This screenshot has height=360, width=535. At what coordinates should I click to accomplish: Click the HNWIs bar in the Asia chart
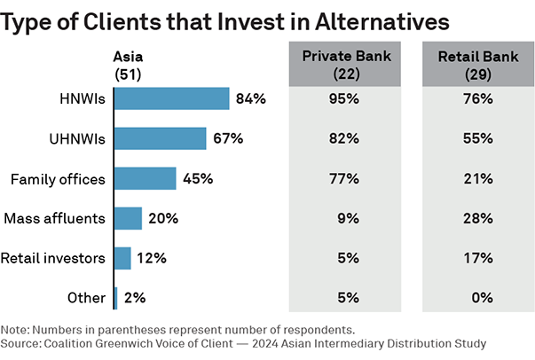(172, 98)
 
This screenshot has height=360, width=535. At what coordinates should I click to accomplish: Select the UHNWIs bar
(161, 138)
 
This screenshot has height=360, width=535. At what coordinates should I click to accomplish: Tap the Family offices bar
(146, 178)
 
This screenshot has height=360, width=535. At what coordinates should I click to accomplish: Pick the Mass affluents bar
(129, 218)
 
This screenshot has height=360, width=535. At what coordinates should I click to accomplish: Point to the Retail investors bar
(123, 258)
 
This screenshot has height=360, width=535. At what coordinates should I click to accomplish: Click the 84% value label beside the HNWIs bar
(251, 98)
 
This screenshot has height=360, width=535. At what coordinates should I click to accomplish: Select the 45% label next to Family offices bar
(197, 178)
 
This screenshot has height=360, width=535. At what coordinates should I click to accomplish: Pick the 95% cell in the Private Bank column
(346, 98)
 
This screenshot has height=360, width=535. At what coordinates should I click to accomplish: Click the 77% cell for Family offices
(346, 178)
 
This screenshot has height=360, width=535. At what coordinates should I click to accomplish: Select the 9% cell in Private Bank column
(346, 218)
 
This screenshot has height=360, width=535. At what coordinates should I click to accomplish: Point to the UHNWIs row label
(77, 138)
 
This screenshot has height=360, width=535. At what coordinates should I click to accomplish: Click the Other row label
(87, 298)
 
